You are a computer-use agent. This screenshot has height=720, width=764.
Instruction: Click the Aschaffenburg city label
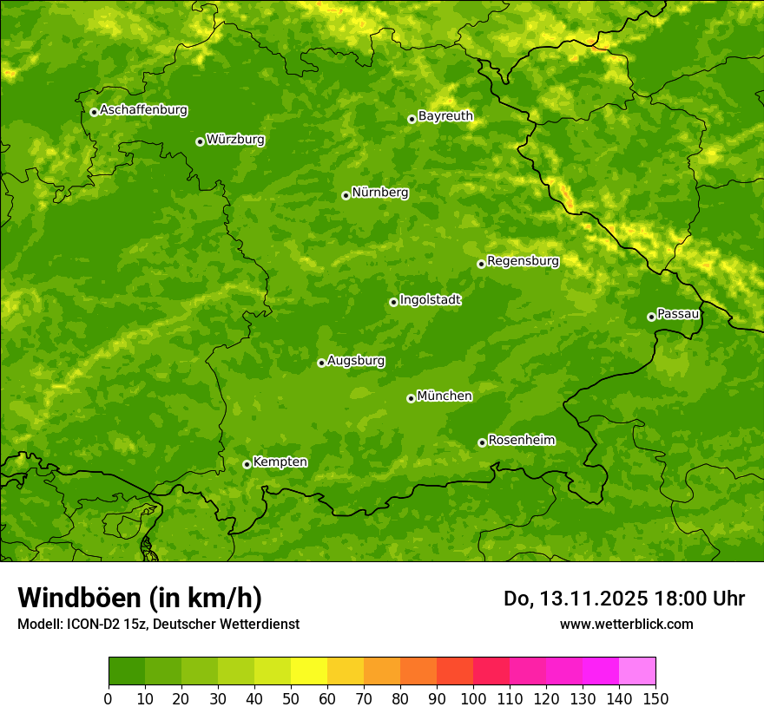tap(143, 110)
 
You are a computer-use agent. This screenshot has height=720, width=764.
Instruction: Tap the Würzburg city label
tap(235, 140)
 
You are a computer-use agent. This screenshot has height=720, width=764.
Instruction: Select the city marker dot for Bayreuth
tap(412, 119)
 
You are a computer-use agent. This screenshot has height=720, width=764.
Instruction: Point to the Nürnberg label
tap(379, 193)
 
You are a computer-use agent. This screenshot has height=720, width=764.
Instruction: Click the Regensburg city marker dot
tap(481, 264)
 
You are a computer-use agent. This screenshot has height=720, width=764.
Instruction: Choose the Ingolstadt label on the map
tap(430, 300)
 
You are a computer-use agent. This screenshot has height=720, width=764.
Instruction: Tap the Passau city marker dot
tap(651, 317)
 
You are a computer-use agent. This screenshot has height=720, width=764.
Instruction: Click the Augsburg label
tap(356, 361)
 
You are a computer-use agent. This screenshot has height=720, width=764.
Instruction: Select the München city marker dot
tap(411, 398)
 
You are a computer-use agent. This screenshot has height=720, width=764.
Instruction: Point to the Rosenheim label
tap(521, 441)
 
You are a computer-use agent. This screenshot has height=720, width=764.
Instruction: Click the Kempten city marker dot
tap(247, 464)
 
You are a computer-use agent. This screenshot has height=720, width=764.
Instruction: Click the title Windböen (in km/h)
tap(140, 598)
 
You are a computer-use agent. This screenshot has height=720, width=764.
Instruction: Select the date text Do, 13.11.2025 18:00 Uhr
tap(623, 599)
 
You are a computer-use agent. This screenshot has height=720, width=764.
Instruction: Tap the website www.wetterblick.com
tap(626, 624)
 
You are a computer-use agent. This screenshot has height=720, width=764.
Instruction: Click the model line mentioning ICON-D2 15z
tap(158, 624)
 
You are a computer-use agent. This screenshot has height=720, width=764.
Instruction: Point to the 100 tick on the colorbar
tap(473, 697)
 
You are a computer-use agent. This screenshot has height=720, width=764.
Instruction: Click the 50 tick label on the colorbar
tap(291, 697)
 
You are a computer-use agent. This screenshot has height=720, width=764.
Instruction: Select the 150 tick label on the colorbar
tap(655, 697)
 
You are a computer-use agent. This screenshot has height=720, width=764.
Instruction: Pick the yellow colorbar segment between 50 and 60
tap(309, 671)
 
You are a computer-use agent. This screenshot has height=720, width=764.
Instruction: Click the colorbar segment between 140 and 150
tap(637, 671)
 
